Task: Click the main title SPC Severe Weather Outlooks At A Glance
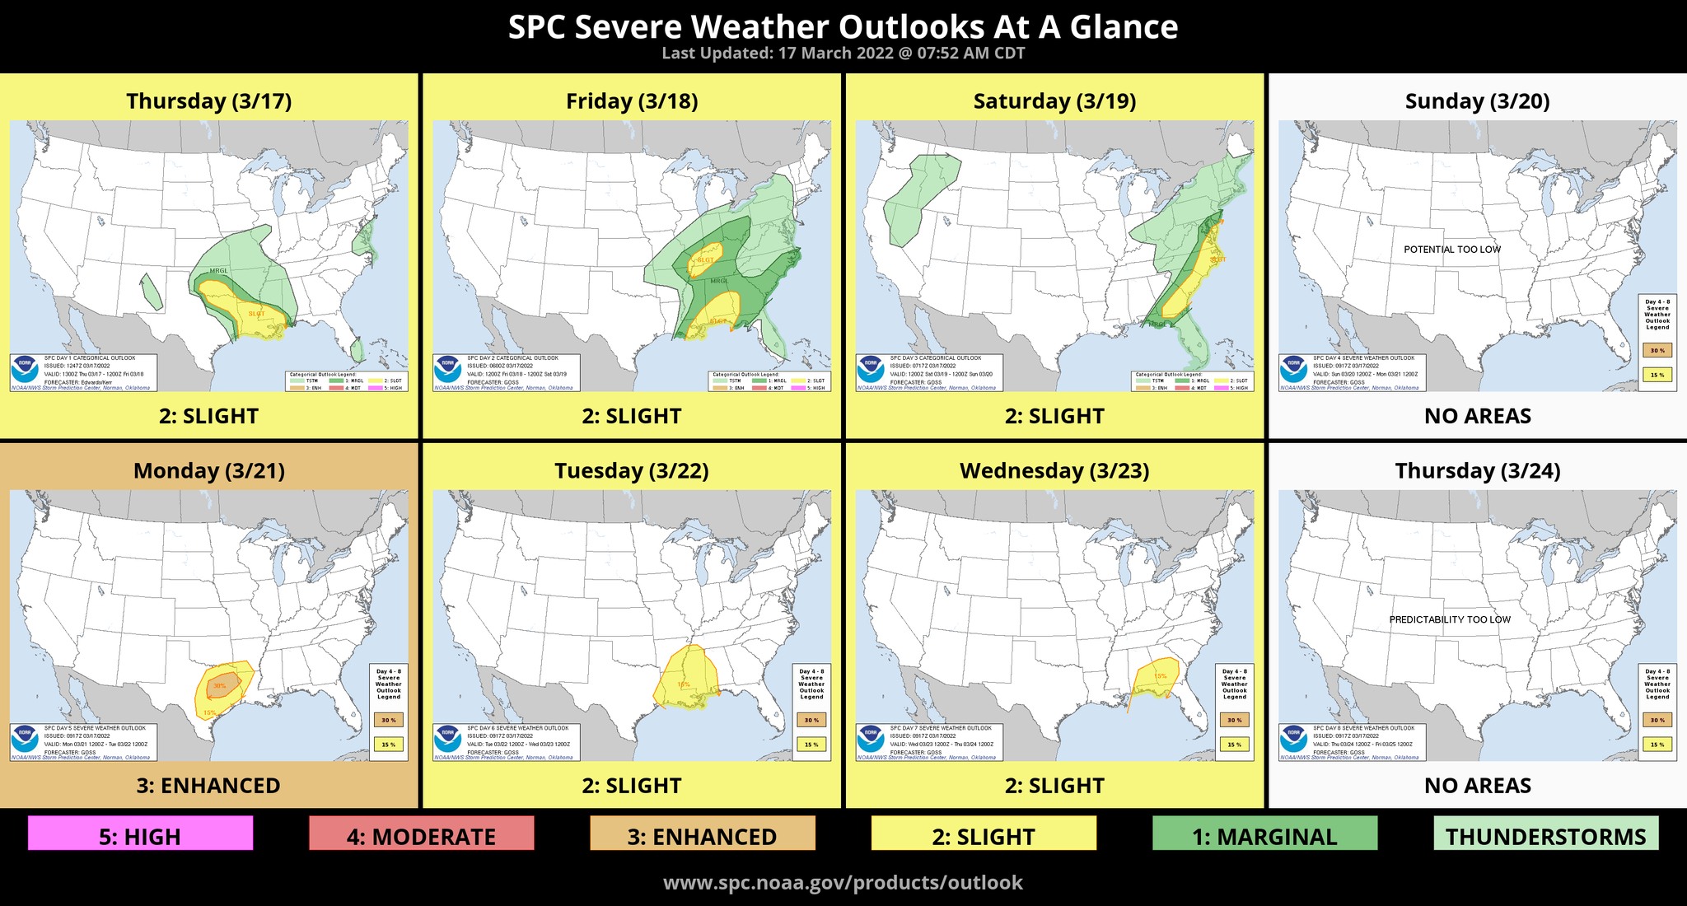[843, 26]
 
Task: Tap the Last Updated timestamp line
[843, 54]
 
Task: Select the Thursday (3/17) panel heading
[208, 100]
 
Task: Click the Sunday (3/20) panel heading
[1477, 100]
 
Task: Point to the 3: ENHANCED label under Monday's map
[208, 785]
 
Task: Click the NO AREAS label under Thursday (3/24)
[1477, 785]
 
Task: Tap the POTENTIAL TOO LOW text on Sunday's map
[1451, 250]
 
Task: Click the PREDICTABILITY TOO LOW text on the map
[1450, 619]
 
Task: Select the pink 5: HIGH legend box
[140, 834]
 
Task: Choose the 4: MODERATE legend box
[421, 834]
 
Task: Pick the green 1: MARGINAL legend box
[1264, 834]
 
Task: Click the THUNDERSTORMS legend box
[1545, 834]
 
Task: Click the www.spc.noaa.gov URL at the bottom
[843, 882]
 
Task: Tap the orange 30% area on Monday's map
[225, 684]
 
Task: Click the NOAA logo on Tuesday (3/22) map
[447, 736]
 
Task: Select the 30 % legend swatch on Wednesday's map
[1234, 720]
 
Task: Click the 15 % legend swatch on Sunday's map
[1657, 375]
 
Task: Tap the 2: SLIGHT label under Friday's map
[632, 416]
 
